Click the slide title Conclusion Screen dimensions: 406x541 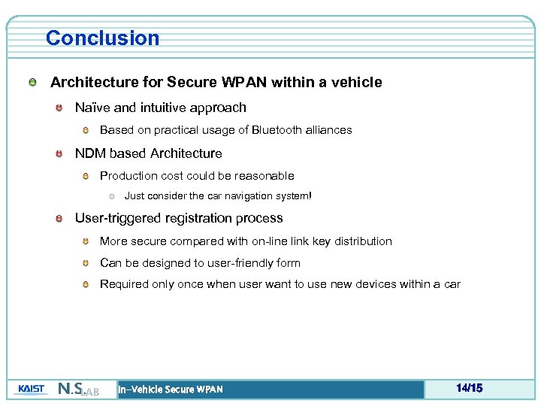(102, 38)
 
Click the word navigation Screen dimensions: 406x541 (256, 196)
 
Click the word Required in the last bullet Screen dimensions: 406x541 (124, 284)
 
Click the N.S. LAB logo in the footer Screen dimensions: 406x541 (78, 389)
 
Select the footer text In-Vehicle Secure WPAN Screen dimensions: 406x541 (171, 389)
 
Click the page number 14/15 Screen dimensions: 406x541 (469, 389)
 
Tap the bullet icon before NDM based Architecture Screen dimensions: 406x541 (59, 153)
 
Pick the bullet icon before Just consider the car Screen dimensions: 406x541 (111, 196)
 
